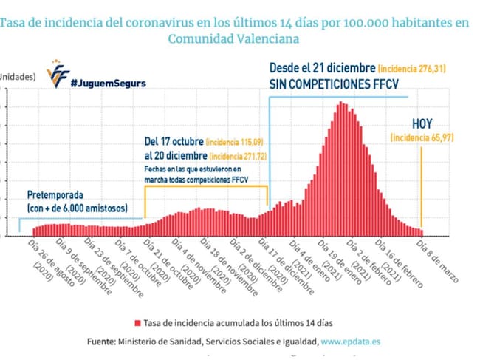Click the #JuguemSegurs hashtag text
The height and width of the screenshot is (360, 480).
coord(108,83)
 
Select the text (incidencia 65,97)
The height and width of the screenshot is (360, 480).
coord(418,137)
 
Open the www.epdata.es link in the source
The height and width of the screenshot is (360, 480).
coord(352,342)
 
